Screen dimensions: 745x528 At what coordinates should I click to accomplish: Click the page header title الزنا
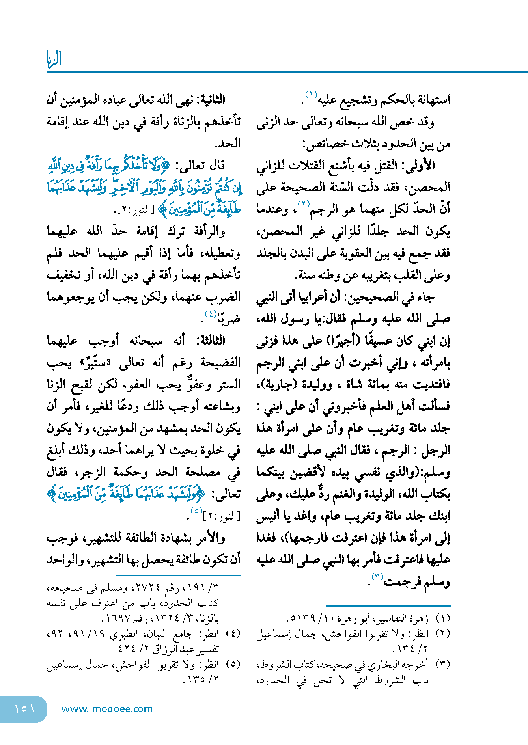[54, 59]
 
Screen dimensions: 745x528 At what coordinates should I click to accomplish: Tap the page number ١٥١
[24, 708]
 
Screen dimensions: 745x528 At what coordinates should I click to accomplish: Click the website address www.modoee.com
[107, 709]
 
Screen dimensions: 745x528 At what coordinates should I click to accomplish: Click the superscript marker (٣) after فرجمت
[377, 577]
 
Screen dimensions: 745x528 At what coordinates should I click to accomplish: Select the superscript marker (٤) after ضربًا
[211, 314]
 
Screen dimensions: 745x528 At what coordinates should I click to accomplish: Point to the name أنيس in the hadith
[267, 516]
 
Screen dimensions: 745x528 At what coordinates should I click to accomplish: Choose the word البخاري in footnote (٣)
[396, 664]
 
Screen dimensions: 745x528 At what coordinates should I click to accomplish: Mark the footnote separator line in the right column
[388, 605]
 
